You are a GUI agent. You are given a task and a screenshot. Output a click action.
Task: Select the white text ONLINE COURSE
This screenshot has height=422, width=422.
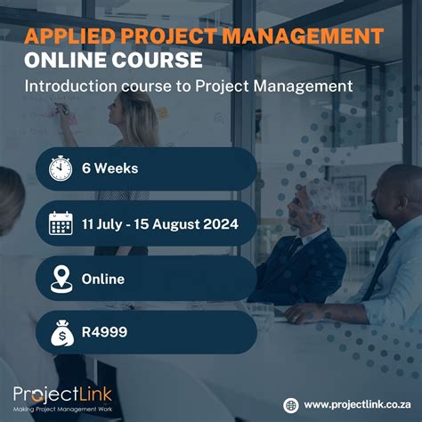pos(113,61)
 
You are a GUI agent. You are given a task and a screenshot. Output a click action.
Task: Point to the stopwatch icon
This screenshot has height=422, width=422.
pos(60,168)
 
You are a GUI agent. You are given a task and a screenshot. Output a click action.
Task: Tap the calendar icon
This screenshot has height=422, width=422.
pos(60,223)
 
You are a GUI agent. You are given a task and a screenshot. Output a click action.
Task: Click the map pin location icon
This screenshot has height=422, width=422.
pos(60,279)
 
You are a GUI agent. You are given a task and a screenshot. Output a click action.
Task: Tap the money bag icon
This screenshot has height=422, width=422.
pos(60,333)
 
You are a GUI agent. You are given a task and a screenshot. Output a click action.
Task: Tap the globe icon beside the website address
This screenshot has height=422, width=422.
pos(290,404)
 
